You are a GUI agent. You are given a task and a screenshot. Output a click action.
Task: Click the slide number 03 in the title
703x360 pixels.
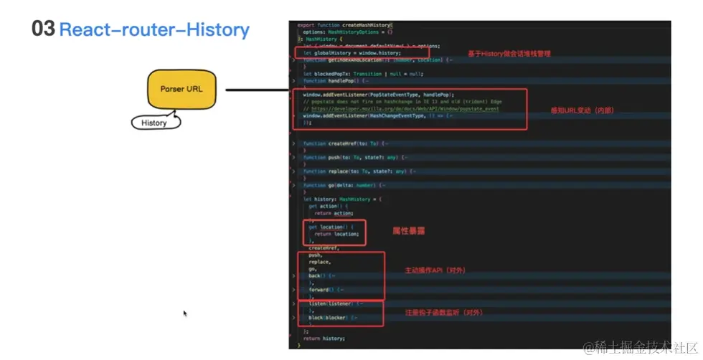click(x=42, y=29)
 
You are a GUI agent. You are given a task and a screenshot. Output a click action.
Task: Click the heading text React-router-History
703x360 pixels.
click(x=154, y=30)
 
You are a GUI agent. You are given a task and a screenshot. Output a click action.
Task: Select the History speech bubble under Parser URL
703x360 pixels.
click(x=154, y=123)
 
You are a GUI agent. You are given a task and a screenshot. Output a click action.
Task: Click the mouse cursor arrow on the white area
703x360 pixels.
click(x=184, y=313)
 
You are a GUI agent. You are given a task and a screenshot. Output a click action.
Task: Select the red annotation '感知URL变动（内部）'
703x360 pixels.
click(x=582, y=110)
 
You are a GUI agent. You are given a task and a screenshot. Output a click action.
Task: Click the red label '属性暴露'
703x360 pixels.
click(x=408, y=231)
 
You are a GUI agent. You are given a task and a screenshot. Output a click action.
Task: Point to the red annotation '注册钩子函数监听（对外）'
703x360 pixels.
click(x=442, y=313)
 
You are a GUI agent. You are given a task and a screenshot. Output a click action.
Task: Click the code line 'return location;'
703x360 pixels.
click(x=336, y=234)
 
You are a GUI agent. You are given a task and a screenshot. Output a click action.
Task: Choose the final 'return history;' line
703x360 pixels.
click(x=324, y=338)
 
